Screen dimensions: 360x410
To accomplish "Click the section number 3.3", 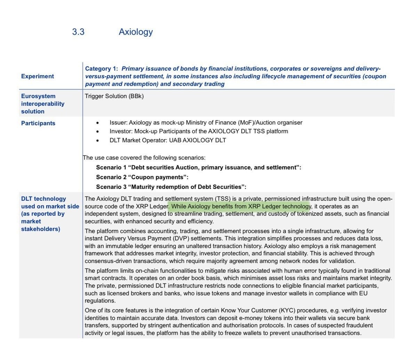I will (78, 32).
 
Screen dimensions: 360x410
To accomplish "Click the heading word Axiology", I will (136, 32).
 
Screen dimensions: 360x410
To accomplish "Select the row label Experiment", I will (38, 76).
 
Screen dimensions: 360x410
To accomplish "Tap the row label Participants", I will (38, 123).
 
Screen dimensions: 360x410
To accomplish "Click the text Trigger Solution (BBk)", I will (114, 96).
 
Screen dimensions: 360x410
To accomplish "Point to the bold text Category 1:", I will (102, 69).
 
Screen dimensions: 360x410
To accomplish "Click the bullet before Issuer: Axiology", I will (98, 123).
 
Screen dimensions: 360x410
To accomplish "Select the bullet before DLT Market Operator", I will (98, 141).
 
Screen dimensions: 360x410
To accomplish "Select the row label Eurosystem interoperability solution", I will (43, 104).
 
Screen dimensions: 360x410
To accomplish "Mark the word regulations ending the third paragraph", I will (100, 301).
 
